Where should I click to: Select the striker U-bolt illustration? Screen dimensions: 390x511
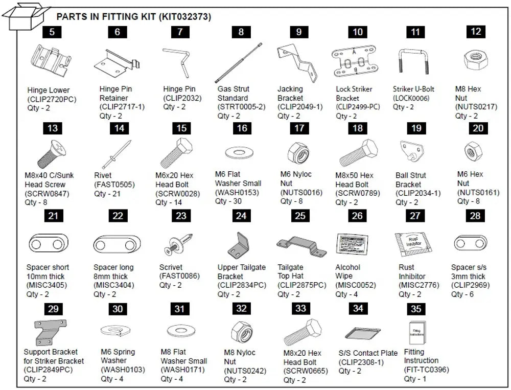(x=415, y=61)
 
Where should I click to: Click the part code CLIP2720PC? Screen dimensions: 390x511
(x=52, y=99)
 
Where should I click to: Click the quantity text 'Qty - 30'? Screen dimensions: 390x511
(x=227, y=201)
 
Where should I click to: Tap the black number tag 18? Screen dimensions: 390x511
(x=358, y=128)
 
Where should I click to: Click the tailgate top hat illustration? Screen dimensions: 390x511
(x=300, y=244)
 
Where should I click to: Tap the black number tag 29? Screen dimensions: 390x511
(x=52, y=309)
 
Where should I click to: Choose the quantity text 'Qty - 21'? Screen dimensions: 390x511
(x=108, y=194)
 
